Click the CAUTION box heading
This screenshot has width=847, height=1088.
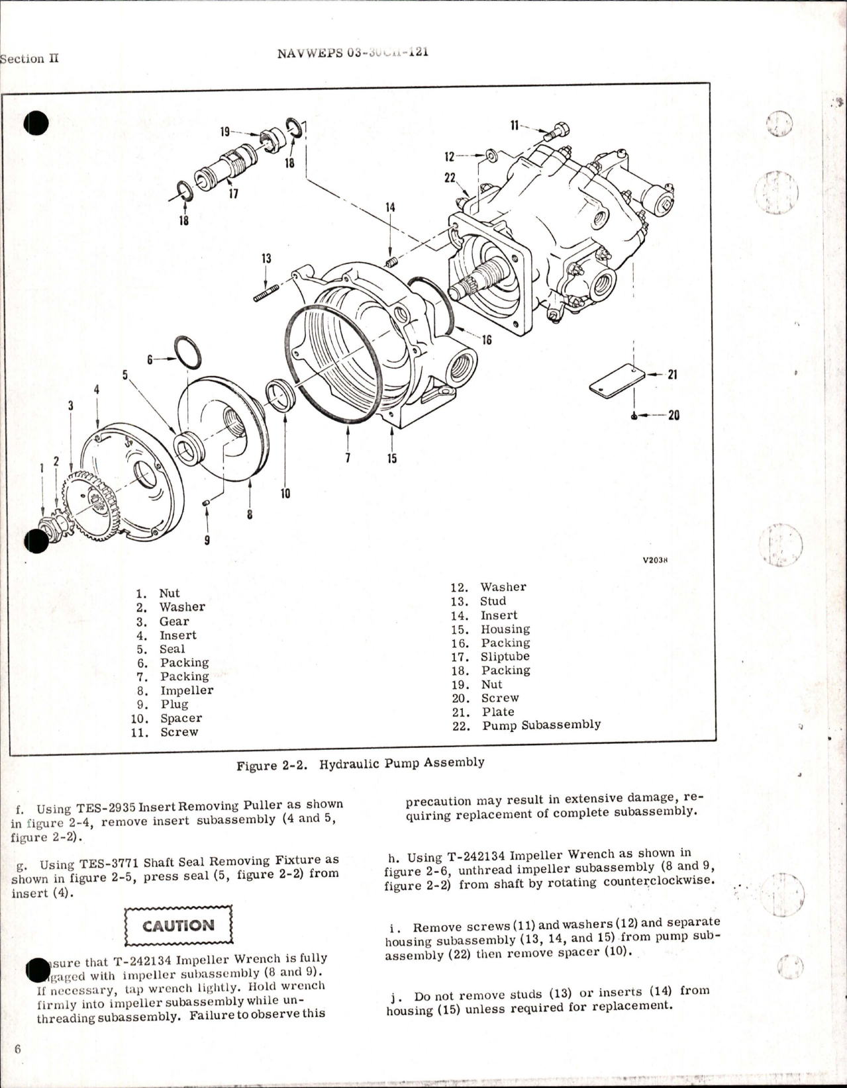coord(179,925)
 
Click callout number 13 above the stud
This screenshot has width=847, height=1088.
coord(266,259)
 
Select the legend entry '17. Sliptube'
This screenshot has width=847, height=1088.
coord(505,657)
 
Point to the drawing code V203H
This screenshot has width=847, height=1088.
coord(655,560)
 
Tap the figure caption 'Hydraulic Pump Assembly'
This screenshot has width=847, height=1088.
coord(401,763)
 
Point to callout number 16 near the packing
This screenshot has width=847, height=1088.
coord(487,340)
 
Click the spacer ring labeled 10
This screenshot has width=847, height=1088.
coord(281,396)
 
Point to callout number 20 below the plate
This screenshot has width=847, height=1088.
coord(673,416)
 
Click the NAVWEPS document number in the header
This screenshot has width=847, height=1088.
coord(353,53)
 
